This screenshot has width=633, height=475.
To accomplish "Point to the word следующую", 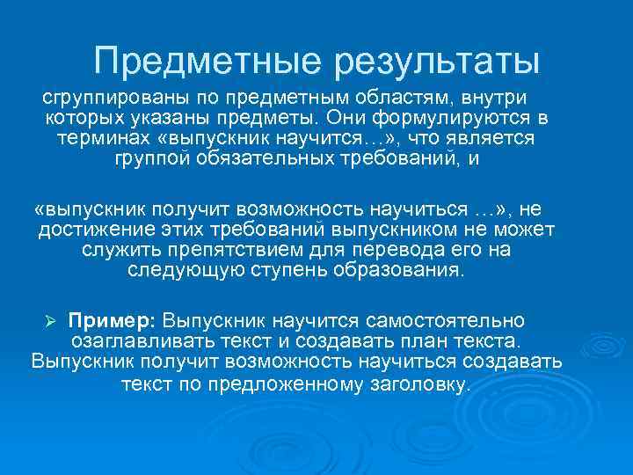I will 180,271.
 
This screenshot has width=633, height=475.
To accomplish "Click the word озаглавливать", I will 136,340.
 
